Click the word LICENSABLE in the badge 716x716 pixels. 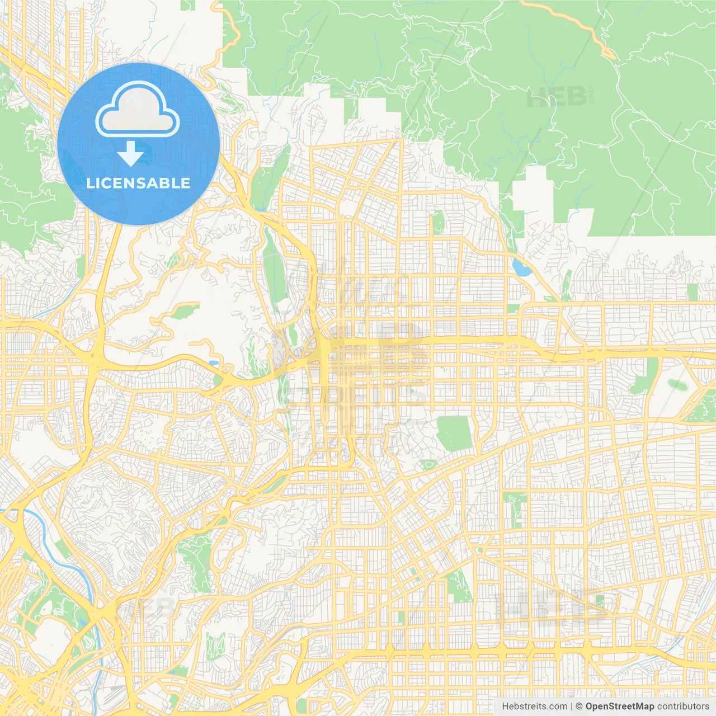pyautogui.click(x=138, y=183)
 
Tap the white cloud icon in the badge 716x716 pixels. pyautogui.click(x=138, y=110)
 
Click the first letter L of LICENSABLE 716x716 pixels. pyautogui.click(x=89, y=183)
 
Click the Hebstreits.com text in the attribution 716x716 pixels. pyautogui.click(x=534, y=706)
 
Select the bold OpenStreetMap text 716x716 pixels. pyautogui.click(x=620, y=706)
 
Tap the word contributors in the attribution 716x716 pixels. pyautogui.click(x=683, y=706)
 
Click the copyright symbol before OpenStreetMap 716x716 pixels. pyautogui.click(x=580, y=706)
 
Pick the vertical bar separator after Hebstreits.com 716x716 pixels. pyautogui.click(x=572, y=706)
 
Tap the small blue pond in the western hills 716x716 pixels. pyautogui.click(x=213, y=362)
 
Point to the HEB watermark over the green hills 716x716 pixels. pyautogui.click(x=557, y=98)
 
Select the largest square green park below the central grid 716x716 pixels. pyautogui.click(x=454, y=433)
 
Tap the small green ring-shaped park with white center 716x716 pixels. pyautogui.click(x=429, y=464)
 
